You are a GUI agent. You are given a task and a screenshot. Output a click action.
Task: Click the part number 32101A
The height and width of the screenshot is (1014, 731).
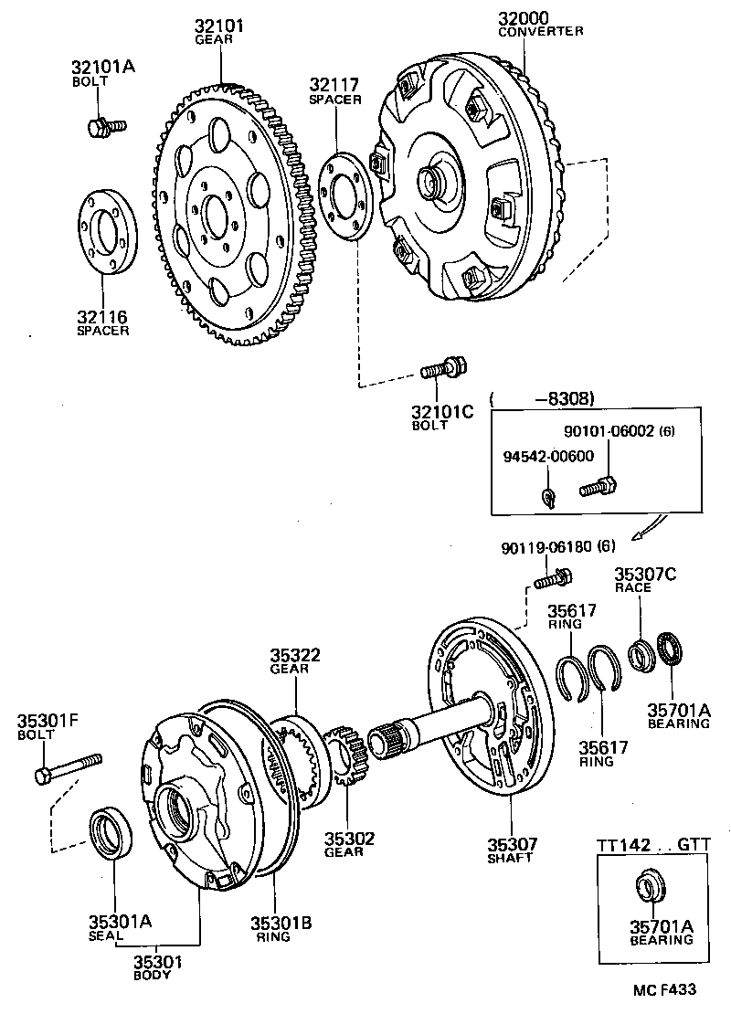[102, 67]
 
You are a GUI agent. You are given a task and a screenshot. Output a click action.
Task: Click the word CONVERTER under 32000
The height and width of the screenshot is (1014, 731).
[541, 31]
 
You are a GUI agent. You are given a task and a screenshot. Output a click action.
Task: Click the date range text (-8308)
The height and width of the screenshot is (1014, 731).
[543, 399]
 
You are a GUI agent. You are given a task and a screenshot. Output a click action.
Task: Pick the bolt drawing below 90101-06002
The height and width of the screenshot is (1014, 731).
[599, 488]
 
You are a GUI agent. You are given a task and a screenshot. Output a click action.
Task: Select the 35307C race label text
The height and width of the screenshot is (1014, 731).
[645, 575]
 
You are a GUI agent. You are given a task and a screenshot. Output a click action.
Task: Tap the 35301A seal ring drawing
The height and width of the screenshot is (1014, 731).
[112, 831]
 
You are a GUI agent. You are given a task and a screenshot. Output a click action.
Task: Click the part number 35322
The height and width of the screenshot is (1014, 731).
[294, 656]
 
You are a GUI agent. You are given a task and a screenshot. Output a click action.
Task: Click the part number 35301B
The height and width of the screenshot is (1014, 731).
[281, 923]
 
